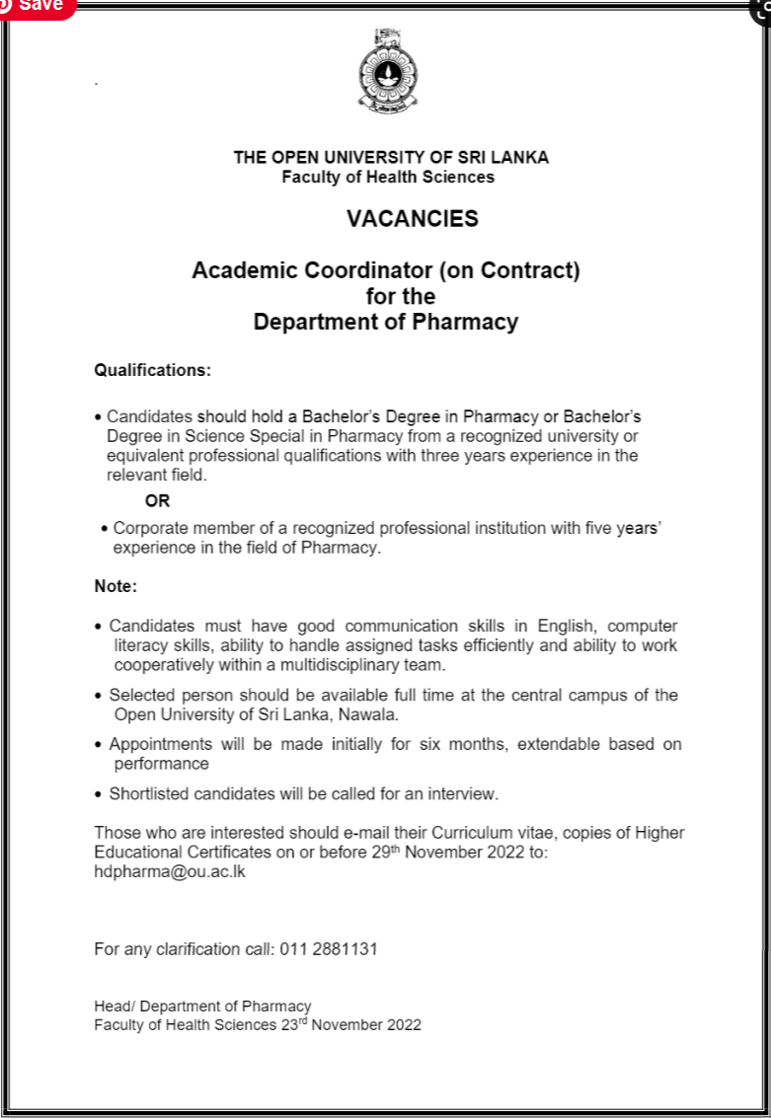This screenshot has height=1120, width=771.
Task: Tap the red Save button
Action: point(38,6)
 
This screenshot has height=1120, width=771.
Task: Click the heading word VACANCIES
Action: point(412,219)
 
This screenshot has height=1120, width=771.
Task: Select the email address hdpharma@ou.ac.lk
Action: point(169,872)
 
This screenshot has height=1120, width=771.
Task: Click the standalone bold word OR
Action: point(157,501)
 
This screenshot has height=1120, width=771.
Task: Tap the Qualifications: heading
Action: point(152,371)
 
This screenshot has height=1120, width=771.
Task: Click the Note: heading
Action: point(116,586)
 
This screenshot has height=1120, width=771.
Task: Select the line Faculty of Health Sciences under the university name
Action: point(388,178)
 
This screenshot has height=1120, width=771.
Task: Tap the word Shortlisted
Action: point(152,793)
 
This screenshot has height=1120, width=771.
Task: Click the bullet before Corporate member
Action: point(105,530)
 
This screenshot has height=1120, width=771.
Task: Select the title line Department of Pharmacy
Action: point(385,322)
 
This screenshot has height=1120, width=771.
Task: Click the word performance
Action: point(162,764)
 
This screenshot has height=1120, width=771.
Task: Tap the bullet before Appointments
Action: point(99,745)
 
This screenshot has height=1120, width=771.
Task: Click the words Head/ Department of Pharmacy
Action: point(202,1007)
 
